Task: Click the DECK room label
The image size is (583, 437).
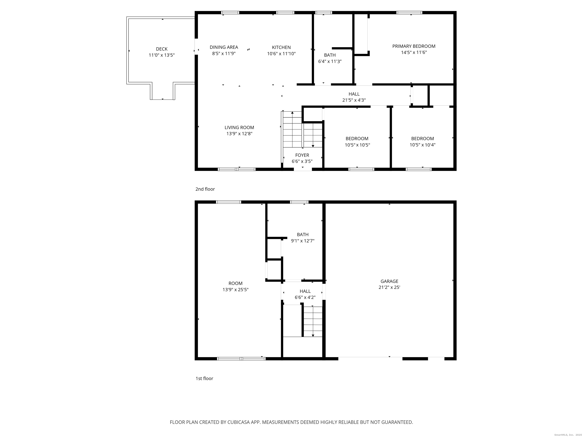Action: (x=162, y=49)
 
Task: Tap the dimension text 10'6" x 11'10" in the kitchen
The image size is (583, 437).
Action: (x=281, y=54)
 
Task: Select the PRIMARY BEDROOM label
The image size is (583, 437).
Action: (x=414, y=46)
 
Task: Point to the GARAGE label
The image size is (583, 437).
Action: (x=389, y=281)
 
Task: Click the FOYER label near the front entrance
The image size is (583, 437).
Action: (x=302, y=155)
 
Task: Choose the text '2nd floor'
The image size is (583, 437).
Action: (x=205, y=189)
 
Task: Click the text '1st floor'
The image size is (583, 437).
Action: (x=204, y=379)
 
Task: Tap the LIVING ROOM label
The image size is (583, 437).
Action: (x=239, y=127)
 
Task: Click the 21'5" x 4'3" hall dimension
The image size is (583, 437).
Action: (x=354, y=100)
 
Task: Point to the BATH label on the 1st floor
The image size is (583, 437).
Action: (x=303, y=235)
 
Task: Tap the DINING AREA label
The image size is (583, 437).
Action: (x=224, y=47)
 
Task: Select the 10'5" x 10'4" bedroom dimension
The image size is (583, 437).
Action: (x=422, y=145)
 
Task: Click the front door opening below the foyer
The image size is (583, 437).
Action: (x=303, y=169)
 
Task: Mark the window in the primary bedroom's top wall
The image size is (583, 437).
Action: (x=409, y=12)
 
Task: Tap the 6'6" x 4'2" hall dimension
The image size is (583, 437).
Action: (x=305, y=298)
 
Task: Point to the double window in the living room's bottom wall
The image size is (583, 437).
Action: (x=236, y=169)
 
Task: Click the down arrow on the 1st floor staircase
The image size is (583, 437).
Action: (x=313, y=335)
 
